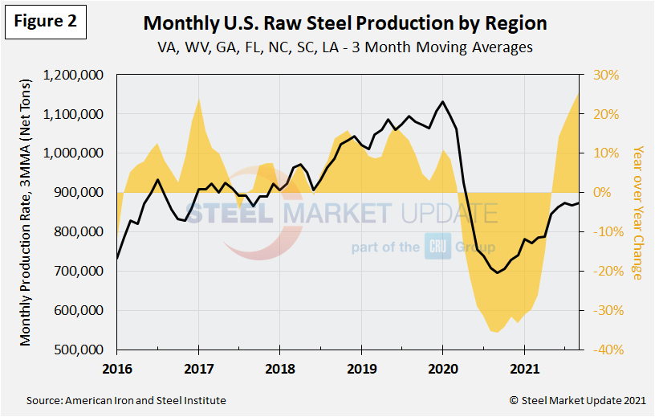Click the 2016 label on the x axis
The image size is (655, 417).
click(116, 371)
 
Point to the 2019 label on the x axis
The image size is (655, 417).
click(361, 371)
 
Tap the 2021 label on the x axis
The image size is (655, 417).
click(524, 371)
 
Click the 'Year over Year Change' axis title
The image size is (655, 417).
click(637, 212)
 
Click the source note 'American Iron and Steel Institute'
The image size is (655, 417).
click(127, 400)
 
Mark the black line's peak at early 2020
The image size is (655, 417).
click(442, 101)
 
